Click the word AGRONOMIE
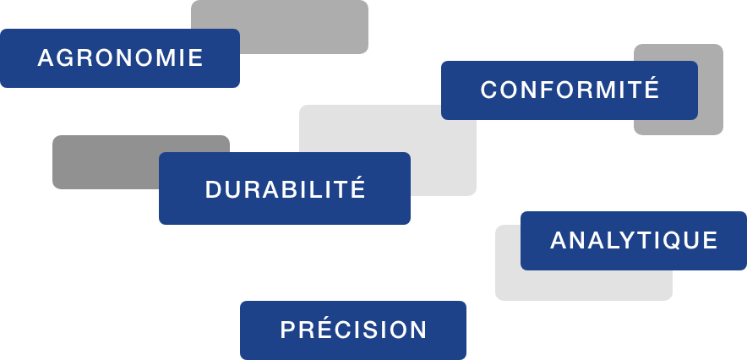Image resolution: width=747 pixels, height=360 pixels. point(121,58)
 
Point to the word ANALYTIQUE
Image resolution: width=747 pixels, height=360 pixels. point(634,240)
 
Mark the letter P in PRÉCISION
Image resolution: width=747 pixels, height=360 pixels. point(287,330)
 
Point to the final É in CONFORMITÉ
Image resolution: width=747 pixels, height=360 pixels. point(652,88)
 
